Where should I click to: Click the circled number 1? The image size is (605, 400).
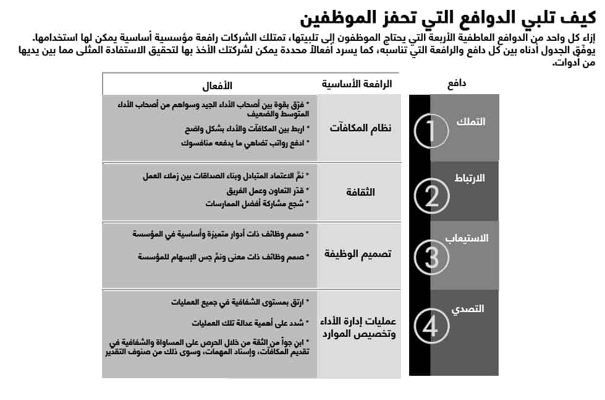431,130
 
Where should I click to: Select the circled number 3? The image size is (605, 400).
431,256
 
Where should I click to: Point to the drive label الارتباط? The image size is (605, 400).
470,178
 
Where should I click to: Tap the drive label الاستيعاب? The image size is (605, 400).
467,238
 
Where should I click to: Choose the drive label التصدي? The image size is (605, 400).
471,309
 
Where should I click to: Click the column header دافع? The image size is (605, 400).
455,83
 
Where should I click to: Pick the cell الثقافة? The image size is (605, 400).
360,192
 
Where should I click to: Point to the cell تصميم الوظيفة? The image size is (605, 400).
358,254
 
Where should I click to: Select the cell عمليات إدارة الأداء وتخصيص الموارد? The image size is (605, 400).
358,328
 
